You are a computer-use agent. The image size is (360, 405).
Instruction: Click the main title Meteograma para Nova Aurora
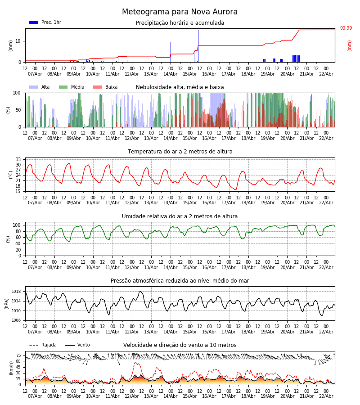[x=180, y=12]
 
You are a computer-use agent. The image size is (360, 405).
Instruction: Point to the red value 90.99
[x=346, y=28]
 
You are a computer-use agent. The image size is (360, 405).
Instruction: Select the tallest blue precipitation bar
[x=198, y=45]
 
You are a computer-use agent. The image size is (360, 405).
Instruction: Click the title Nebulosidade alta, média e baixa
[x=180, y=87]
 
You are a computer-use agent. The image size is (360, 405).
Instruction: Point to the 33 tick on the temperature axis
[x=18, y=159]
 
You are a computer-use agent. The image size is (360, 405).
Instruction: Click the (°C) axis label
[x=11, y=174]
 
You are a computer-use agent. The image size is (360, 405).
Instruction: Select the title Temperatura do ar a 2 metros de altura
[x=180, y=152]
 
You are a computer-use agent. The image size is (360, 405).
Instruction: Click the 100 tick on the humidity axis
[x=17, y=225]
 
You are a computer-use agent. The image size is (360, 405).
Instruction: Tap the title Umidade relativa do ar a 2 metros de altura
[x=180, y=216]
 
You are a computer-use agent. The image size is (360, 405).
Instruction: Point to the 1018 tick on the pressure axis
[x=16, y=291]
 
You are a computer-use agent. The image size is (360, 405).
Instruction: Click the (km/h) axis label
[x=11, y=368]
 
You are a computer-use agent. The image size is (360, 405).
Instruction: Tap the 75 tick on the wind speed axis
[x=18, y=355]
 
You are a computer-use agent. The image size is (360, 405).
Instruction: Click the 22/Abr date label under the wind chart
[x=326, y=396]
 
